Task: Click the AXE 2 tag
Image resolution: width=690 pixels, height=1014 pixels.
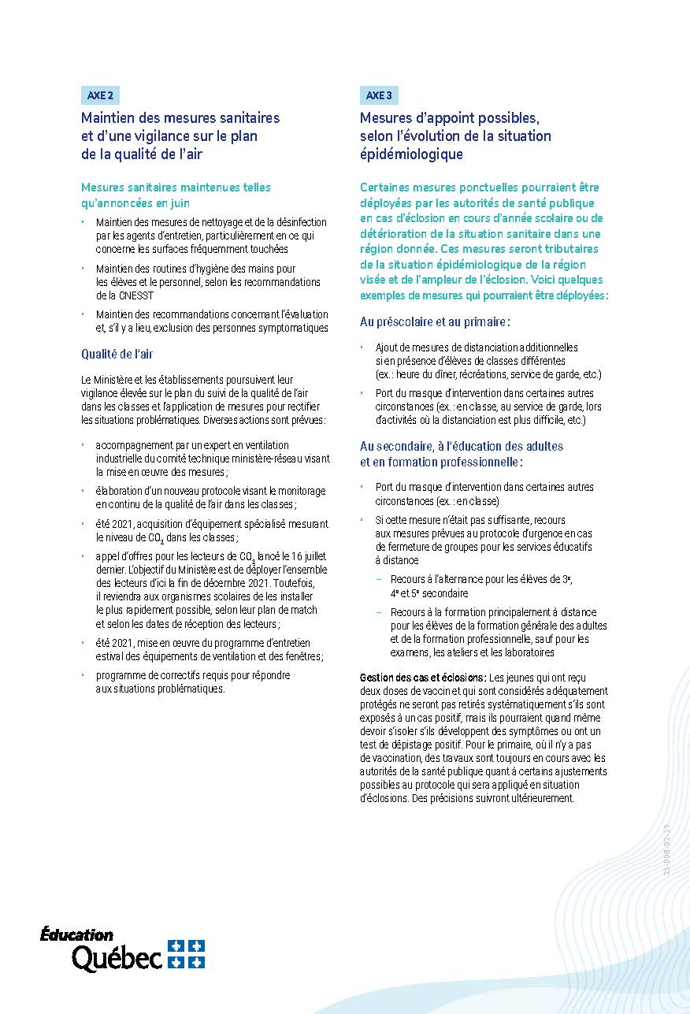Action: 100,95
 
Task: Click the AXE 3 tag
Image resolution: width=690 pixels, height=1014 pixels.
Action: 379,95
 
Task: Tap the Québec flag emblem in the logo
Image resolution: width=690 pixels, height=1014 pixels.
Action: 186,953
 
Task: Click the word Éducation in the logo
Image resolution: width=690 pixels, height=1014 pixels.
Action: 76,935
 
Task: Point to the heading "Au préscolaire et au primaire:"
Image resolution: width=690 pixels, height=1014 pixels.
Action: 435,322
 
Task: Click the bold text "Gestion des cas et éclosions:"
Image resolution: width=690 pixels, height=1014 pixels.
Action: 423,678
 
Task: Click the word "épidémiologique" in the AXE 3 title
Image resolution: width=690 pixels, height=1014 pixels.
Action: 411,154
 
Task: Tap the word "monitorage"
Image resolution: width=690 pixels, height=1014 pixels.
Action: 300,491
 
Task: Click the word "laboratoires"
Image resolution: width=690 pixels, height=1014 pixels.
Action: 529,652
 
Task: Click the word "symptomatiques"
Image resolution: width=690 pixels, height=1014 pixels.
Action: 288,328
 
